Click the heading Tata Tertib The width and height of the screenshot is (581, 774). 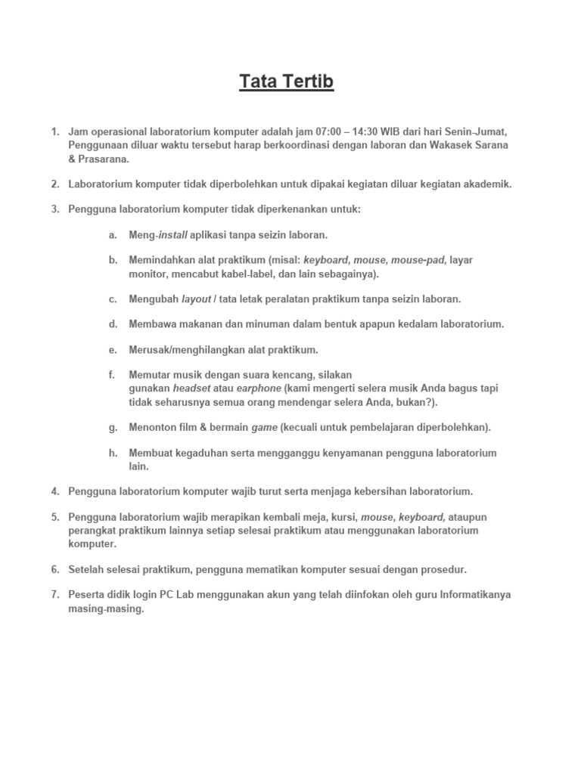(287, 82)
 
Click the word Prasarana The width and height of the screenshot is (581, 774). (104, 158)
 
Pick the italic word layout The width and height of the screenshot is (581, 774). (196, 299)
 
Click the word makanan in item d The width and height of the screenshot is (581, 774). (201, 324)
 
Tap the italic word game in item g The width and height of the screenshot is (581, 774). (264, 427)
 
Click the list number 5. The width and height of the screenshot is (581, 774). (55, 517)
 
